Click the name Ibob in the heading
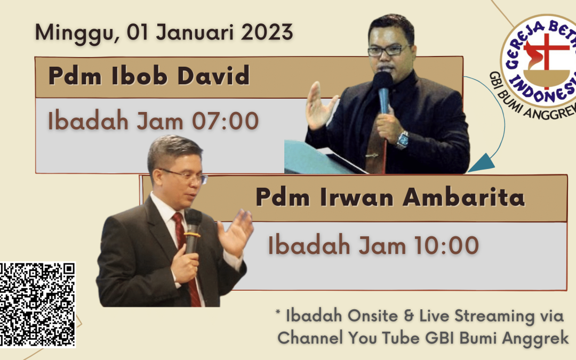click(139, 76)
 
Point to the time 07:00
click(225, 121)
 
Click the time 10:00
click(446, 245)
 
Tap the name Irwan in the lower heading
click(357, 197)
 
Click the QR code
click(37, 305)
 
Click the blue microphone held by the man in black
click(383, 92)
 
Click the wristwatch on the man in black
click(402, 140)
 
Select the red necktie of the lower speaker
click(187, 257)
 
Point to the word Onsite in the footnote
click(372, 316)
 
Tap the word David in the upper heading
click(213, 76)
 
